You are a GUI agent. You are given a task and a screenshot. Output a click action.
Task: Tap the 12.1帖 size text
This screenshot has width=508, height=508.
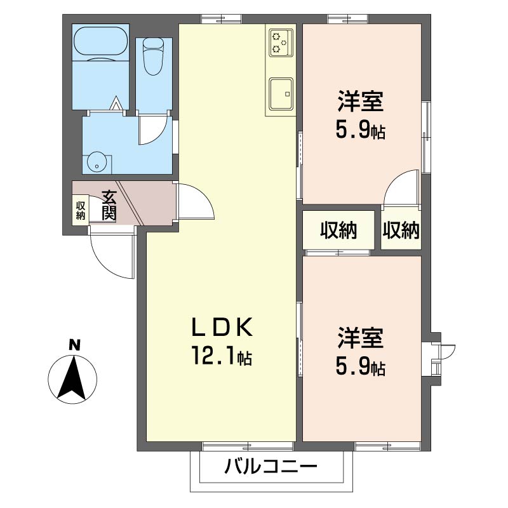[222, 356]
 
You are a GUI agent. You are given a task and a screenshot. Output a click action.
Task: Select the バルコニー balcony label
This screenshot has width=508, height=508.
[271, 467]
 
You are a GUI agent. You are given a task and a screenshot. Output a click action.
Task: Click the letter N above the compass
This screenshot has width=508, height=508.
[74, 345]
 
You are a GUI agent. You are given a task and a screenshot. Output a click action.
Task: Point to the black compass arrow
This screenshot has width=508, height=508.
[72, 378]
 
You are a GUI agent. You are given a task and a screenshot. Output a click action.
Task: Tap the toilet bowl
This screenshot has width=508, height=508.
[154, 56]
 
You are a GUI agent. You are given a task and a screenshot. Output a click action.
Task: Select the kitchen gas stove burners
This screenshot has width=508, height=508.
[281, 43]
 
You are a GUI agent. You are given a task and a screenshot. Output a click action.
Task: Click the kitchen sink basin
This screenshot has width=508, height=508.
[281, 94]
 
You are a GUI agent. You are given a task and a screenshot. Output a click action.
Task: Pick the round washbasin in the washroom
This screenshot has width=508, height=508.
[97, 162]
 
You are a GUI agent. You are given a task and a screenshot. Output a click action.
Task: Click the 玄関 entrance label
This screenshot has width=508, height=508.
[109, 205]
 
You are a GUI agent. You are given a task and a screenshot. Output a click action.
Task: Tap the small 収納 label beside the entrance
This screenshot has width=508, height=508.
[81, 210]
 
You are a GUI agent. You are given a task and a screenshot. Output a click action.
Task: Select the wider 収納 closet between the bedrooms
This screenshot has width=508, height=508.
[338, 231]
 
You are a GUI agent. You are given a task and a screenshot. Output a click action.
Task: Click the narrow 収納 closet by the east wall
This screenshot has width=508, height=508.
[401, 231]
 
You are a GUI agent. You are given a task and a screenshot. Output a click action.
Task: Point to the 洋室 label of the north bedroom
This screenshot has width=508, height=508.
[360, 102]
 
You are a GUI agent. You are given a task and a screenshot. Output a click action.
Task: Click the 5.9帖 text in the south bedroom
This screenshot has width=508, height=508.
[360, 368]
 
